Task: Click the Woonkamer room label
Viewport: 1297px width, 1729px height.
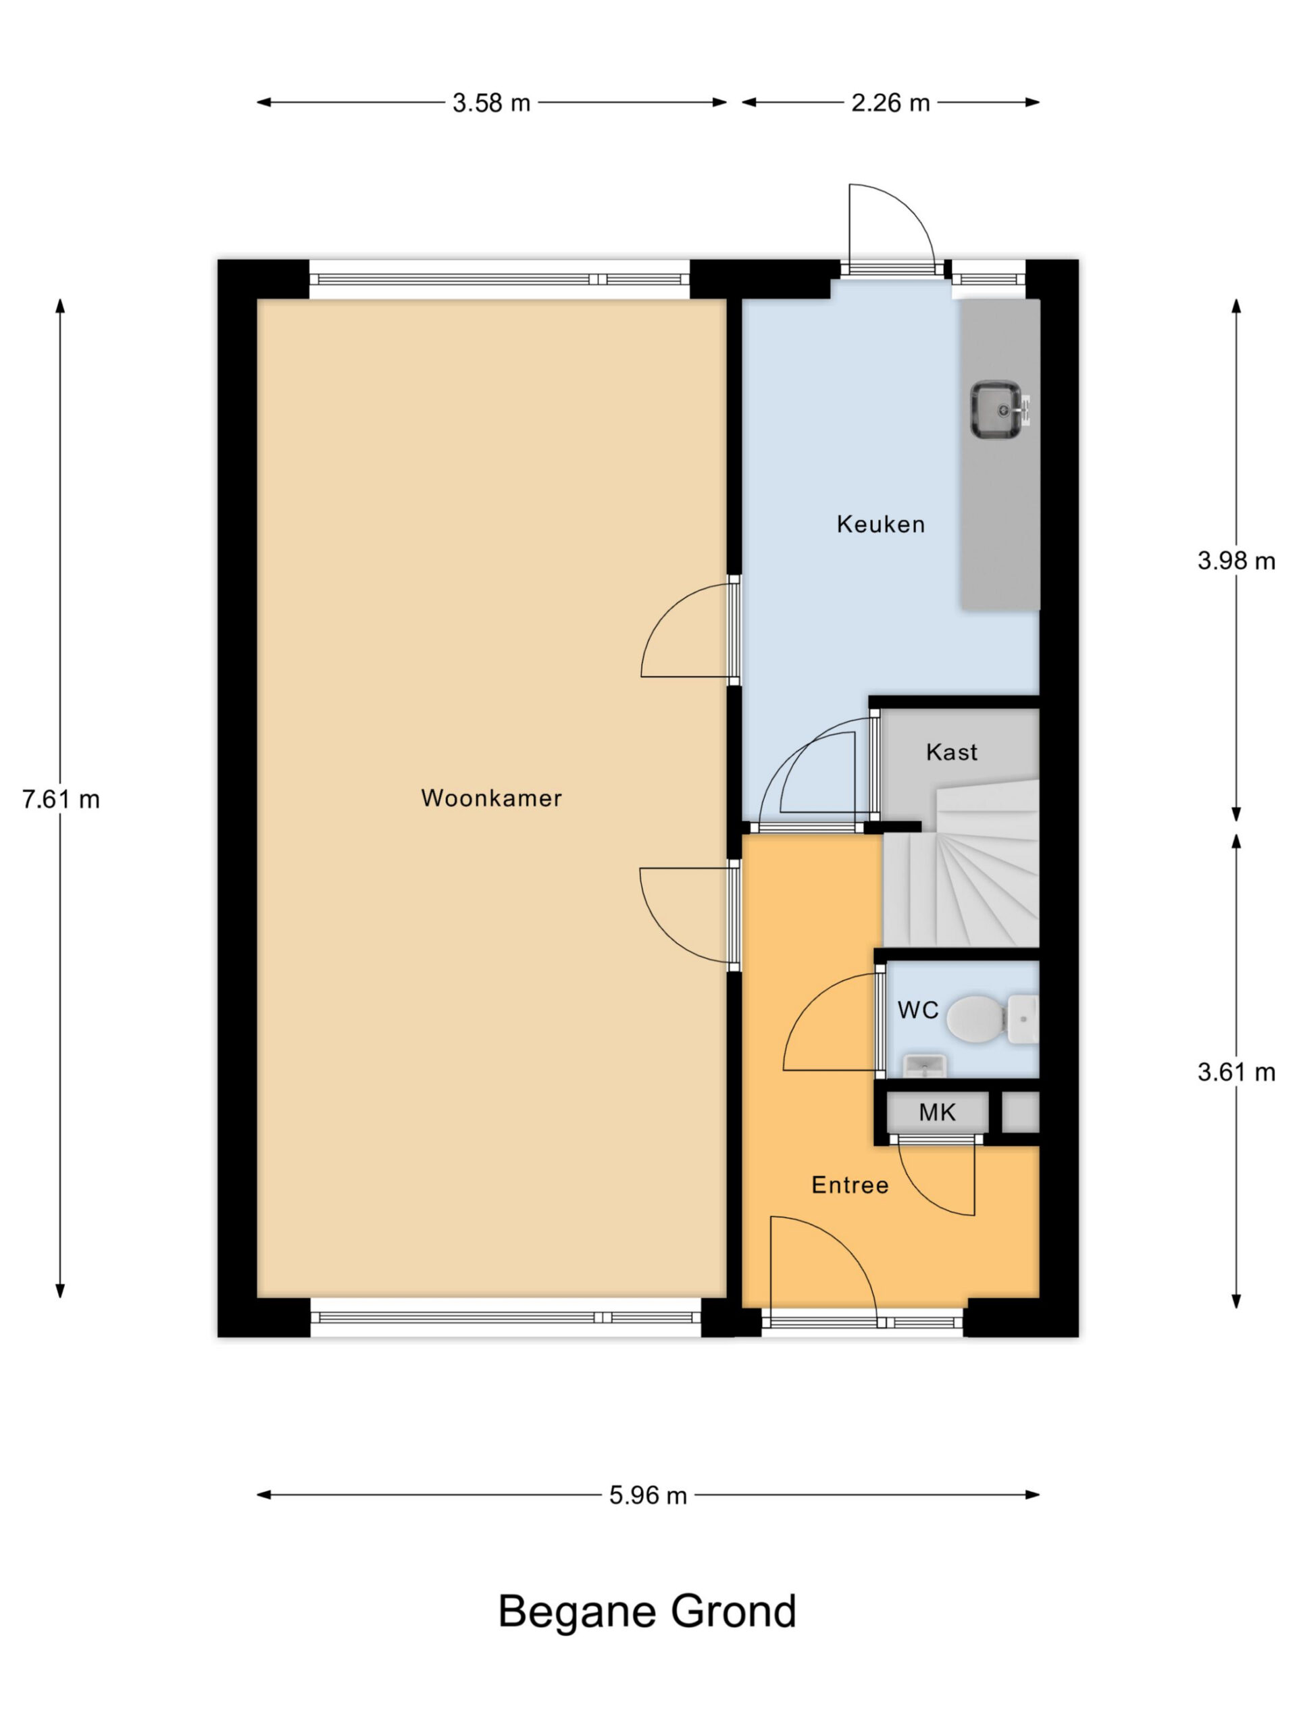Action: pos(491,798)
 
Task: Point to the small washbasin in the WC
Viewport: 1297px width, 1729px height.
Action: pos(925,1065)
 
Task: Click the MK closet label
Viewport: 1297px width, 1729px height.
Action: pos(936,1112)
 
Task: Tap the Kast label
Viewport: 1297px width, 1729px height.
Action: pos(951,752)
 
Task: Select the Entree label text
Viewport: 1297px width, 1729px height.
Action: pos(850,1185)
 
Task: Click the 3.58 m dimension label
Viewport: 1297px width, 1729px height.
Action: pos(491,103)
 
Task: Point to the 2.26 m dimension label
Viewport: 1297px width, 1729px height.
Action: pos(890,103)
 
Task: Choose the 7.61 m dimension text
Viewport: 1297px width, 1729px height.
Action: pos(61,800)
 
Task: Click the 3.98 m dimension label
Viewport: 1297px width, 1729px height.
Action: pos(1236,561)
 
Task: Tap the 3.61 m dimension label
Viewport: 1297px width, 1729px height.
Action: pos(1236,1072)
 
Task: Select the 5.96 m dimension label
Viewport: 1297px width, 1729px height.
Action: pos(648,1495)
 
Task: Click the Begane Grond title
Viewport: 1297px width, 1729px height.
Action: pos(647,1611)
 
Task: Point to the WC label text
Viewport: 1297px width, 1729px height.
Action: pos(918,1010)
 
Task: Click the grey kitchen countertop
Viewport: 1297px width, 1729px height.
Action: pos(1000,453)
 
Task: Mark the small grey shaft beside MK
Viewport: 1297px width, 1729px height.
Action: pos(1020,1112)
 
